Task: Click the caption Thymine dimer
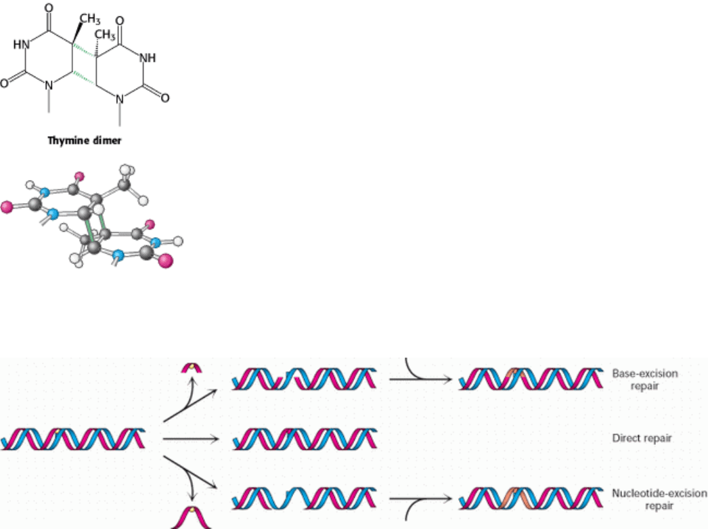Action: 84,142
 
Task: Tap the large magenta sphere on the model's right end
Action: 167,260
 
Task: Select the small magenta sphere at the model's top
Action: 79,177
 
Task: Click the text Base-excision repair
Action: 643,379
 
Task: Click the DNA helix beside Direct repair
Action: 304,438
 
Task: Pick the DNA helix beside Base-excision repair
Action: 529,378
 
